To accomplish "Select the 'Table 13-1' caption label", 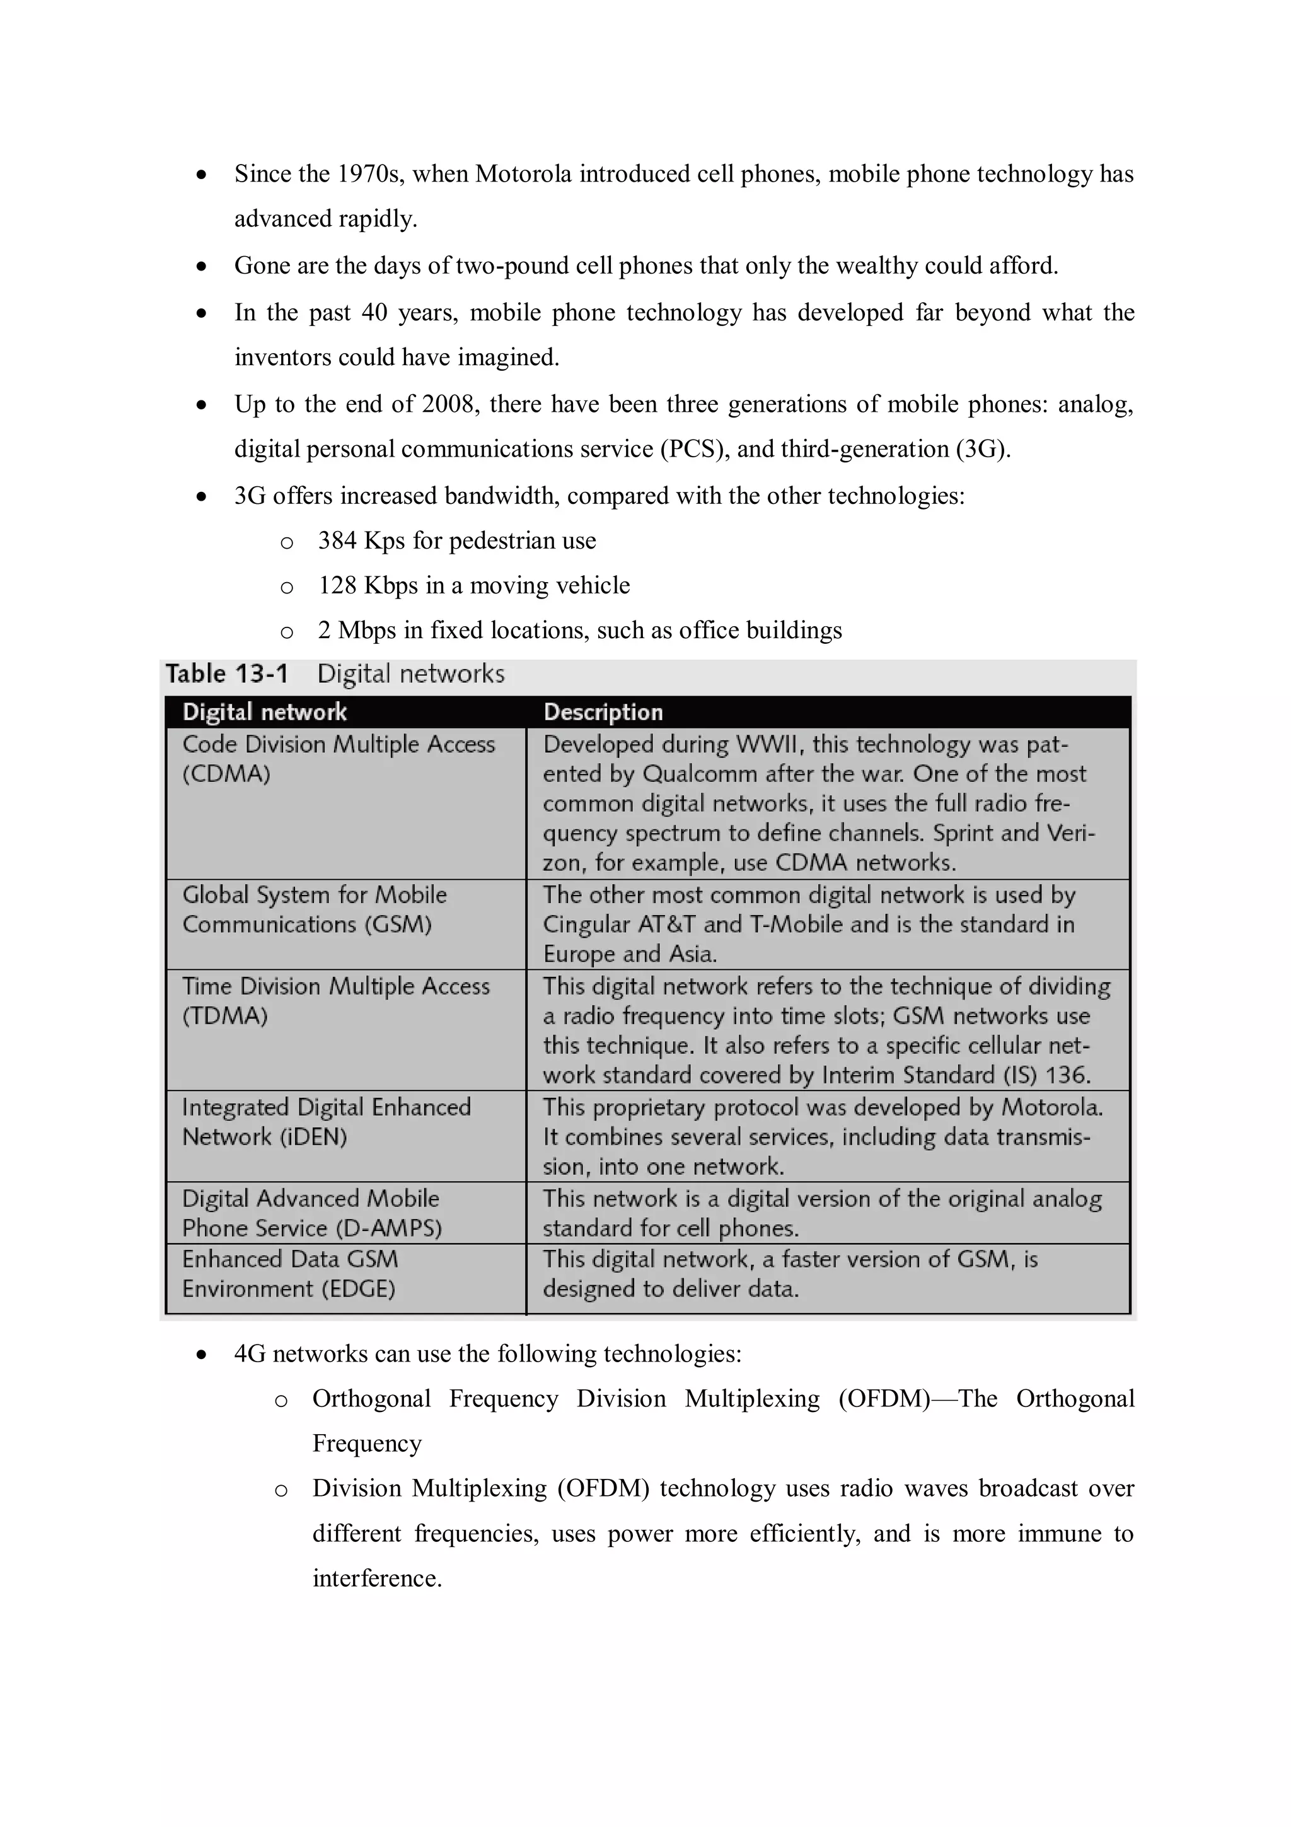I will pyautogui.click(x=227, y=674).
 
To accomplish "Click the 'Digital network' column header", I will pyautogui.click(x=264, y=712).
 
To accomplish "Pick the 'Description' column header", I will pyautogui.click(x=603, y=712).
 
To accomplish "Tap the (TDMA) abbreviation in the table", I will pyautogui.click(x=224, y=1016).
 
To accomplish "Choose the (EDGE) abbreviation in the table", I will pyautogui.click(x=358, y=1289).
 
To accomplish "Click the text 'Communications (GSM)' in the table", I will pyautogui.click(x=306, y=925).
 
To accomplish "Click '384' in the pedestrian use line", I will pyautogui.click(x=337, y=541).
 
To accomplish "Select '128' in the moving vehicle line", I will pyautogui.click(x=337, y=586).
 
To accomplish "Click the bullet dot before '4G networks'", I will pyautogui.click(x=202, y=1355).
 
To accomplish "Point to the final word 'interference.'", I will pyautogui.click(x=376, y=1579).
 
